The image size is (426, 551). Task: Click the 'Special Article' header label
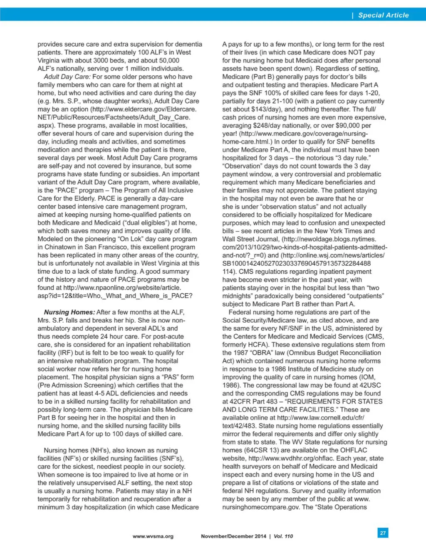(383, 15)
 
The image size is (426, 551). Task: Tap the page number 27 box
(383, 533)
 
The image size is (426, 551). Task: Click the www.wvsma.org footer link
(153, 536)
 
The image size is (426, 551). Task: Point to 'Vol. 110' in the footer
(283, 536)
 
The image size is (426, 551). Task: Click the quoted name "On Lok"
(130, 239)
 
